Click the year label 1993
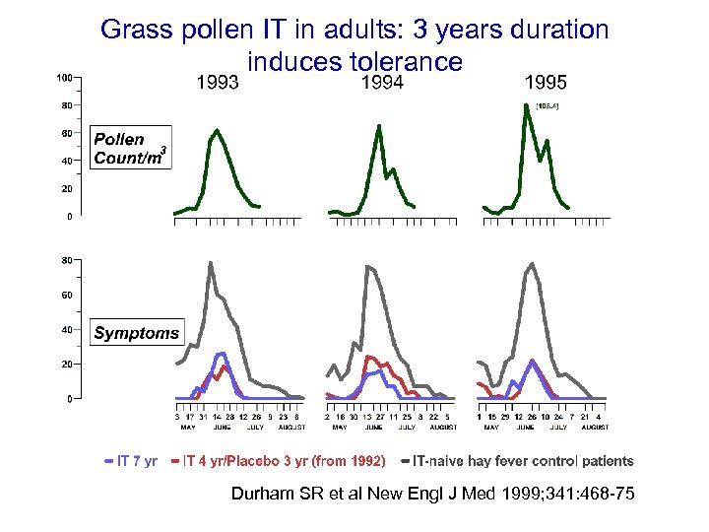(219, 83)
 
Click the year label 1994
(383, 83)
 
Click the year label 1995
(546, 83)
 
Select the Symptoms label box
(137, 333)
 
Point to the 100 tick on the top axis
(63, 77)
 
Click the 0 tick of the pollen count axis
(67, 216)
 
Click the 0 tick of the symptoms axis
(67, 399)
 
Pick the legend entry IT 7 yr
(131, 460)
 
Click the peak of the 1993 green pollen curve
(217, 130)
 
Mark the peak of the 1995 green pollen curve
(527, 105)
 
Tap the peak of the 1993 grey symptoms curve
(211, 263)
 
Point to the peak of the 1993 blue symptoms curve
(223, 353)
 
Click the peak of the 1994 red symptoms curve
(368, 357)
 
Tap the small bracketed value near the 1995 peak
(548, 105)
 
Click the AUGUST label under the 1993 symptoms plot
(291, 428)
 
